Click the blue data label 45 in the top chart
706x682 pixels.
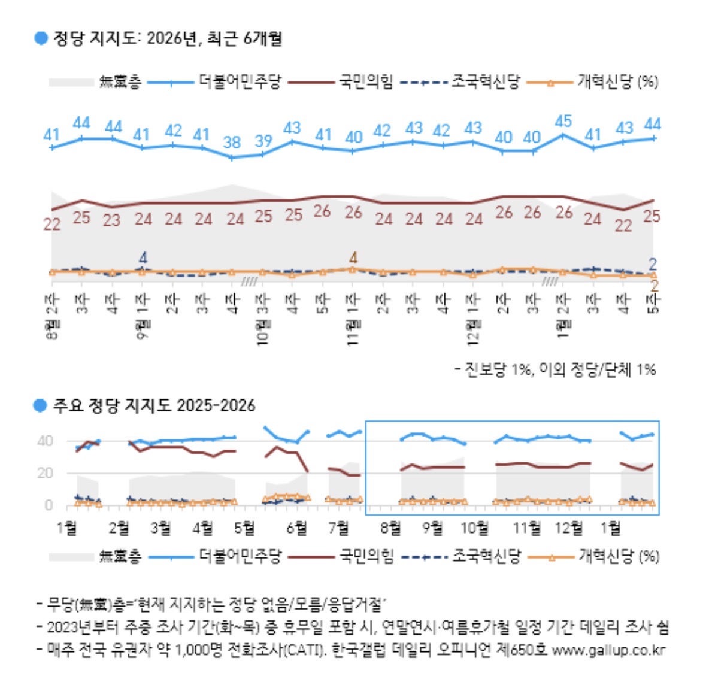(563, 122)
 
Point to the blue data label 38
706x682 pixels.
(232, 143)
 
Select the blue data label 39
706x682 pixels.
(263, 141)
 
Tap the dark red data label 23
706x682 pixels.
(111, 220)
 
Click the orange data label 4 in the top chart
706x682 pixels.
(353, 258)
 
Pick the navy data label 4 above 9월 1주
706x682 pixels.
(143, 258)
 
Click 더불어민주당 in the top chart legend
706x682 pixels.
(240, 82)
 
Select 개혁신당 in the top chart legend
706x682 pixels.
(604, 82)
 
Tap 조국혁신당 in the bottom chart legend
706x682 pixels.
(486, 557)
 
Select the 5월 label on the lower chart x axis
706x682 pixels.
(244, 528)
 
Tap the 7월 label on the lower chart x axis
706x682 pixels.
(340, 528)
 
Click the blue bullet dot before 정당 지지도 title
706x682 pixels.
(41, 38)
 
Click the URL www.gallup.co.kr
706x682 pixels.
(608, 650)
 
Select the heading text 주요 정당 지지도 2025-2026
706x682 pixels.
(154, 406)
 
